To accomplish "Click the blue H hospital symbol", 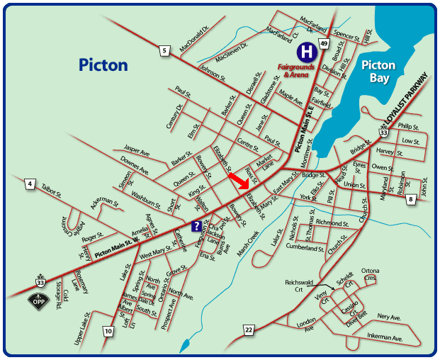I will click(307, 52).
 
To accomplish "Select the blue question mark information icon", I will click(194, 225).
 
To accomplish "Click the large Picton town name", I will click(103, 65).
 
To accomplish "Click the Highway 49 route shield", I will click(323, 44).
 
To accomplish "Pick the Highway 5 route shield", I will click(164, 50).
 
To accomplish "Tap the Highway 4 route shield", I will click(30, 184).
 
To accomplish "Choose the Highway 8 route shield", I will click(411, 200).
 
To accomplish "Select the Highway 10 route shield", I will click(108, 331).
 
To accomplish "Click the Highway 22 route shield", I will click(248, 330).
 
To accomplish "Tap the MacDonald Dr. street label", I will click(196, 40).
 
